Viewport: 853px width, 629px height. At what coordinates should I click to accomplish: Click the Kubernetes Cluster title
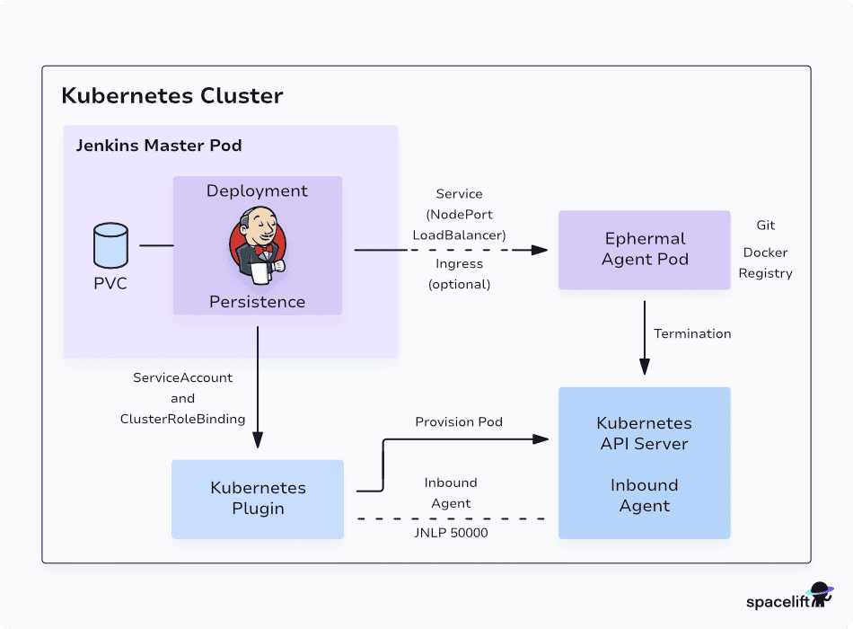click(x=171, y=95)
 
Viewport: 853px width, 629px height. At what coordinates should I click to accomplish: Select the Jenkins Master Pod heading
click(x=158, y=146)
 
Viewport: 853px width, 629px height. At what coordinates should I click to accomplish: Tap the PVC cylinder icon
click(x=111, y=245)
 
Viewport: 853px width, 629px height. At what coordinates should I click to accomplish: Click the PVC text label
click(x=111, y=284)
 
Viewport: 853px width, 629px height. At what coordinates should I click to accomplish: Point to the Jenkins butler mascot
click(x=257, y=244)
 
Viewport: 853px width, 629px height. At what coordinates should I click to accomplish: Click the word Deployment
click(x=257, y=191)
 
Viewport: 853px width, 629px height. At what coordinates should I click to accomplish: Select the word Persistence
click(x=257, y=302)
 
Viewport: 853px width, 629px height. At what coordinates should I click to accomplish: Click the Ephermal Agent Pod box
click(x=644, y=250)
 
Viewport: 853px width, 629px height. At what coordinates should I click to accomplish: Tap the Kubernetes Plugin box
click(x=258, y=499)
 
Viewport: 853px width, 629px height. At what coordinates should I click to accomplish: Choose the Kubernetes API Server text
click(x=644, y=433)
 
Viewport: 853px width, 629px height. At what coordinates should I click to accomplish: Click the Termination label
click(x=692, y=333)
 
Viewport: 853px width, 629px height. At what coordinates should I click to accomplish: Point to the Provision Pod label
click(x=459, y=421)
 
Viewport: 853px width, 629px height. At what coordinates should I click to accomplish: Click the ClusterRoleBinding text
click(x=182, y=419)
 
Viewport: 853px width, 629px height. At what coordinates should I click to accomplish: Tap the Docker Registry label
click(x=765, y=263)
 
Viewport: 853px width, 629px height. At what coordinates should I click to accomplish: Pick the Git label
click(x=765, y=226)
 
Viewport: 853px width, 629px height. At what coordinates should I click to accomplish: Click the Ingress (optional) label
click(x=459, y=274)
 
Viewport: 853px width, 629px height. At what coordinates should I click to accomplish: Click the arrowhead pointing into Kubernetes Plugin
click(x=258, y=439)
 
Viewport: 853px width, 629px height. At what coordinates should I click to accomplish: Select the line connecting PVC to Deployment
click(x=156, y=245)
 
